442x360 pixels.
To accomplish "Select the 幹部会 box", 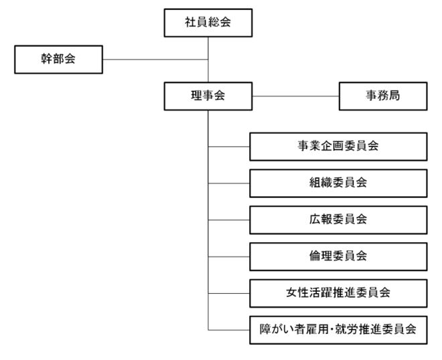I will click(59, 60).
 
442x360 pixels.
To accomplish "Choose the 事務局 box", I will click(382, 96).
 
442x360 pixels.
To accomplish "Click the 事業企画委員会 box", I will click(338, 147).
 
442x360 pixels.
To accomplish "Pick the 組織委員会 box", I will click(338, 183).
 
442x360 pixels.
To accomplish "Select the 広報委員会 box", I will click(338, 219).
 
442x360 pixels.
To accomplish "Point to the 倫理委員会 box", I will click(338, 256).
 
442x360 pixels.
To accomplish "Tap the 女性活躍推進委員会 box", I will click(338, 292).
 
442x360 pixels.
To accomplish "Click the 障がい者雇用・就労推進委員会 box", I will click(338, 329).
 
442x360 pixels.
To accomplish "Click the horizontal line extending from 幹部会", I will click(155, 60).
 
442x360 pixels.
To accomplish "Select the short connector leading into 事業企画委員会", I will click(229, 147).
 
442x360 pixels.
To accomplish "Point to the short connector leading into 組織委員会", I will click(229, 183).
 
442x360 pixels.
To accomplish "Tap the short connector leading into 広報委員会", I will click(229, 219).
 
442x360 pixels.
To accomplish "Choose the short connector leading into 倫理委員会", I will click(229, 256).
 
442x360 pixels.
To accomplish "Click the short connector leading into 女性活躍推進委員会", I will click(229, 292).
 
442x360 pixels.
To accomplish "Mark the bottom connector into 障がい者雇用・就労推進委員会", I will click(229, 329).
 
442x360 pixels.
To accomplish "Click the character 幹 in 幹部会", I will click(46, 60).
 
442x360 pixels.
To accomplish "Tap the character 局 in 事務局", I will click(395, 96).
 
